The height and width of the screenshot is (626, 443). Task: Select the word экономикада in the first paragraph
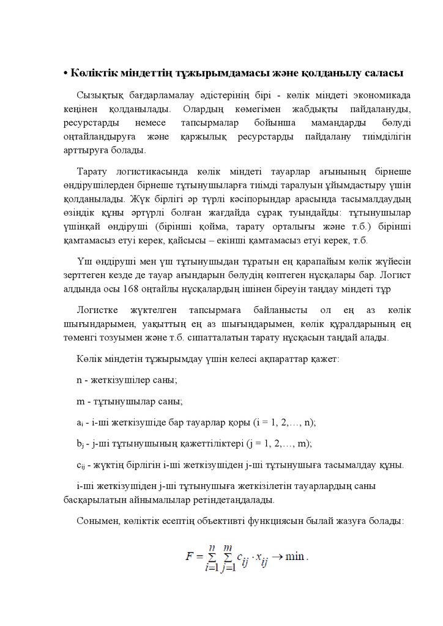point(381,96)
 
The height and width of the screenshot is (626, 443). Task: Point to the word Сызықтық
point(100,96)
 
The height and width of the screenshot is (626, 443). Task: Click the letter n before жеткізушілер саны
point(80,380)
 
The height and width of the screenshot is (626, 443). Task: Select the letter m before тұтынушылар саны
point(81,402)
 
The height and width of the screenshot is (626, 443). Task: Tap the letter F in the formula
point(190,557)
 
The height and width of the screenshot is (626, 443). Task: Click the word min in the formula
point(294,557)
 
